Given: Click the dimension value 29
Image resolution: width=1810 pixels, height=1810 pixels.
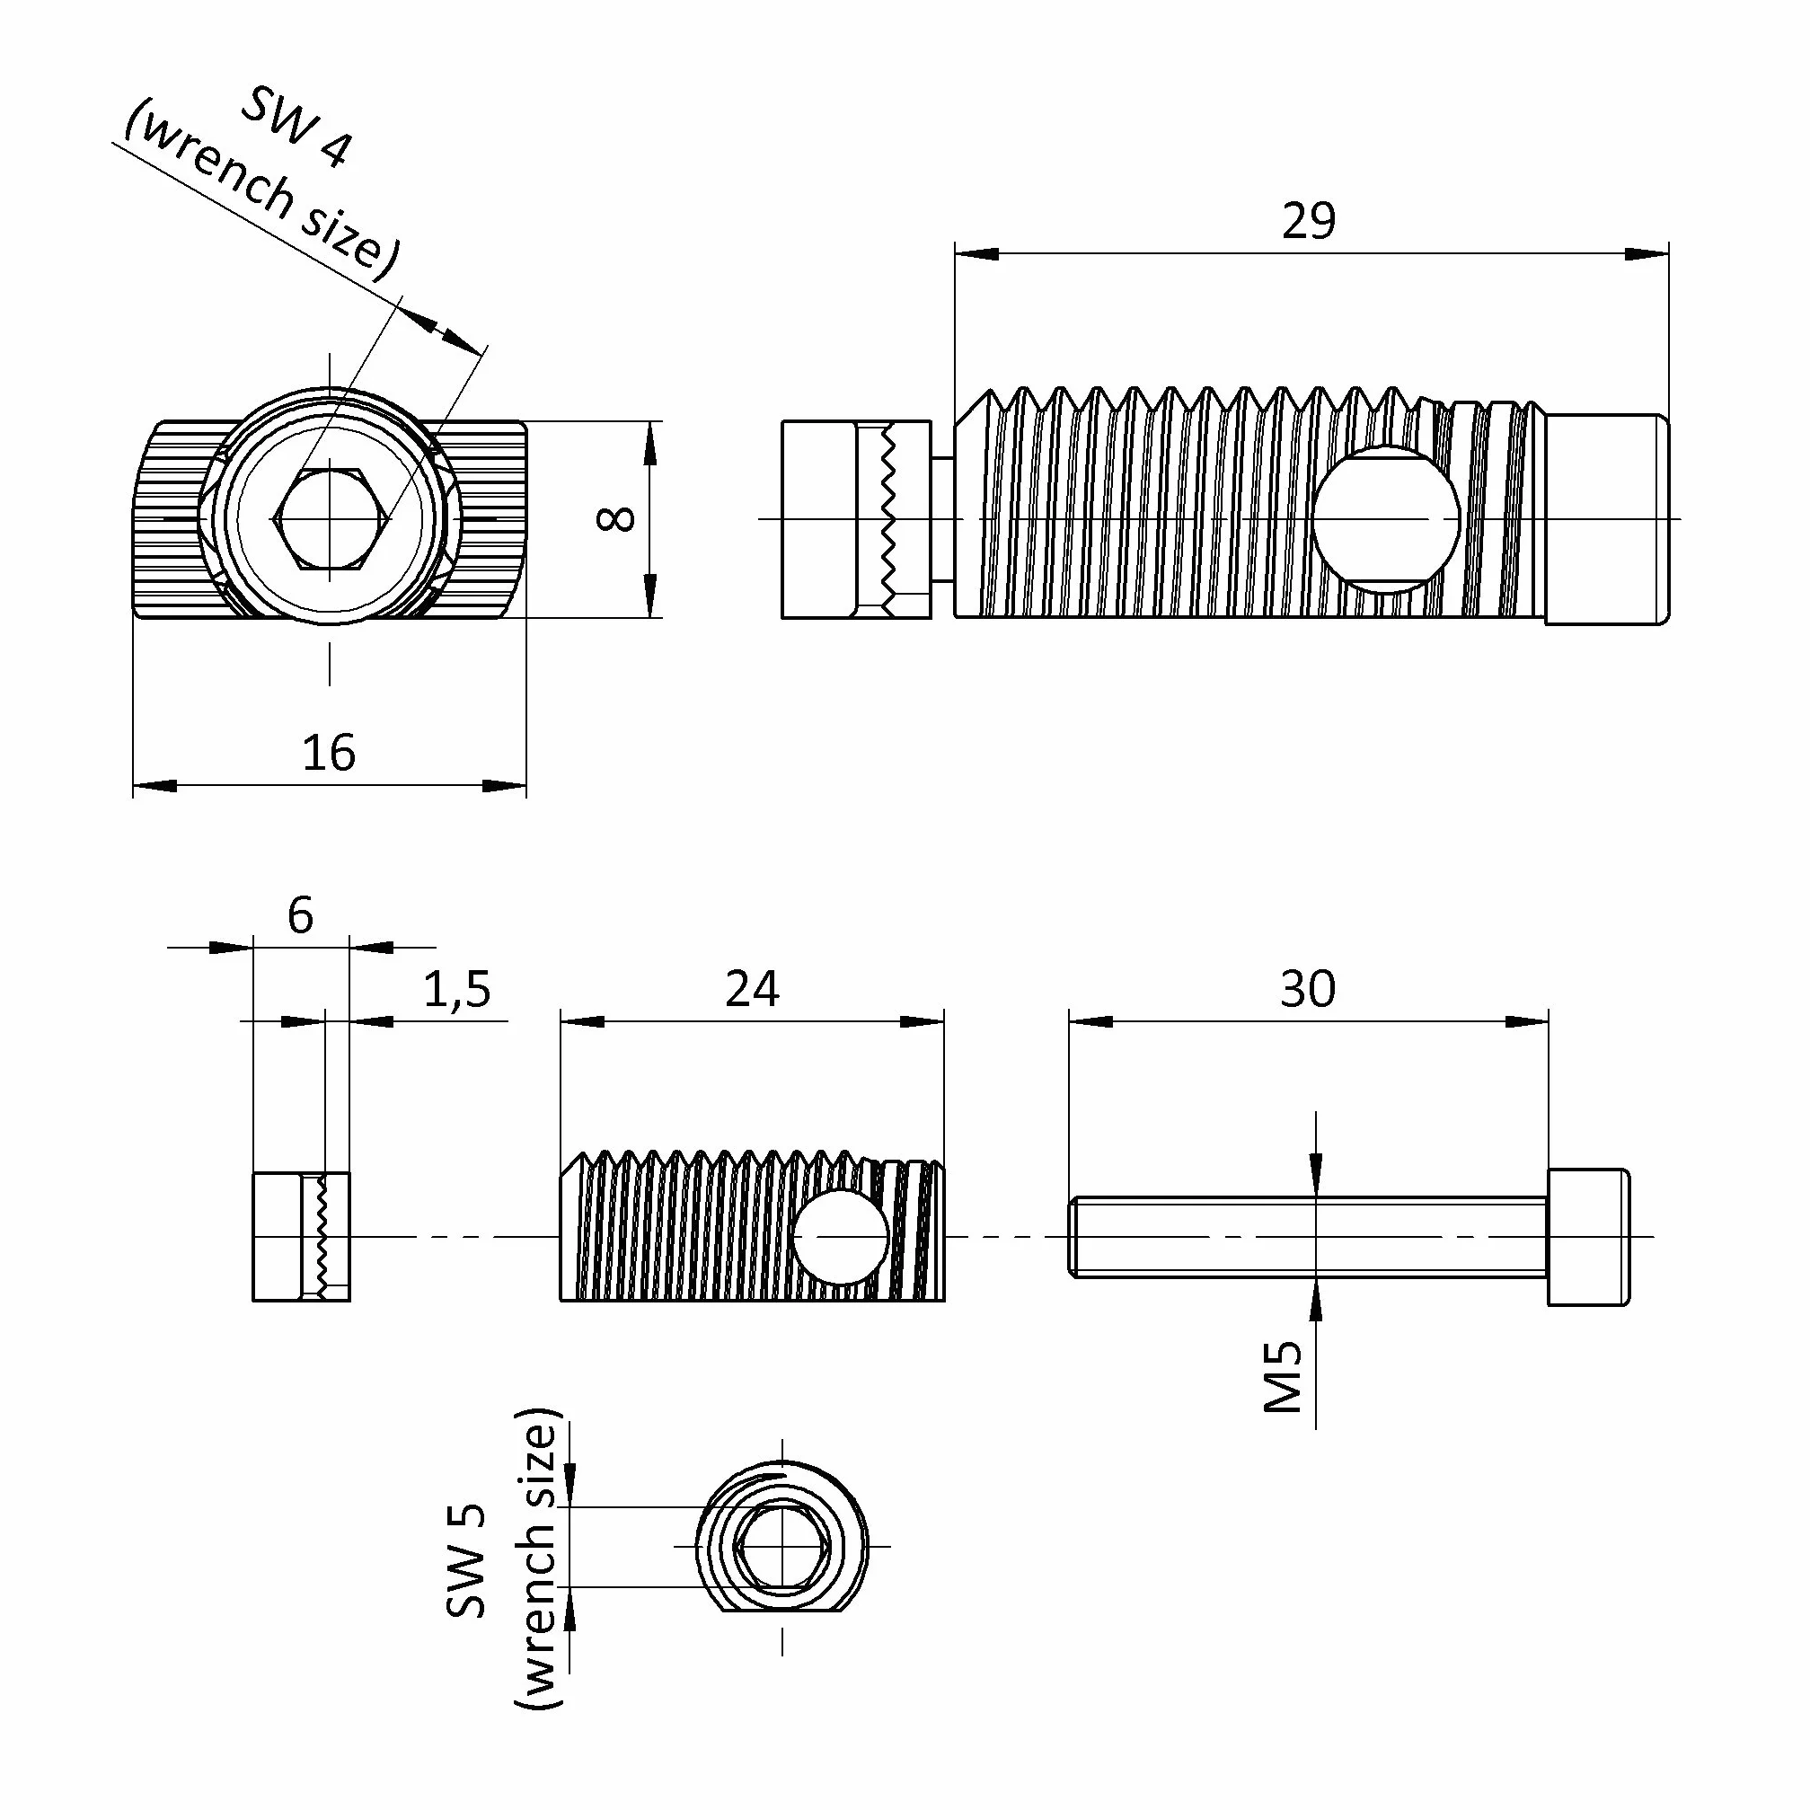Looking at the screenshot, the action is (1309, 222).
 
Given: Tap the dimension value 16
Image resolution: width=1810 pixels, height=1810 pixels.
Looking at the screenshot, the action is (329, 754).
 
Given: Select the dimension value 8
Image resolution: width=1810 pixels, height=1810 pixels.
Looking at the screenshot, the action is (616, 519).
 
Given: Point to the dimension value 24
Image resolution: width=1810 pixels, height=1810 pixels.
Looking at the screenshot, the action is (752, 989).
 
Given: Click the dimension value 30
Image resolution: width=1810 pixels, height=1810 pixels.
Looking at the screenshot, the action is (1308, 989).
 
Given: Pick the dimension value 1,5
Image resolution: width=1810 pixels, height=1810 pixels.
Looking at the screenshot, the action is (457, 990).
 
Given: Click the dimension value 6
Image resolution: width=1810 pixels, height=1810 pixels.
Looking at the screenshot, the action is (301, 915).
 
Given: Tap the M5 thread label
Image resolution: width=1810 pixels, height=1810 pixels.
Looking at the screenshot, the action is (1283, 1376).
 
